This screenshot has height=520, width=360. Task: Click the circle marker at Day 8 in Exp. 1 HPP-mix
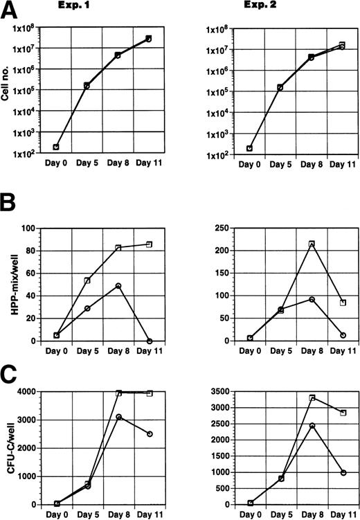(x=118, y=285)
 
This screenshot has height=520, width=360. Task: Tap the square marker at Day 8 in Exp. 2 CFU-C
(x=312, y=399)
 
